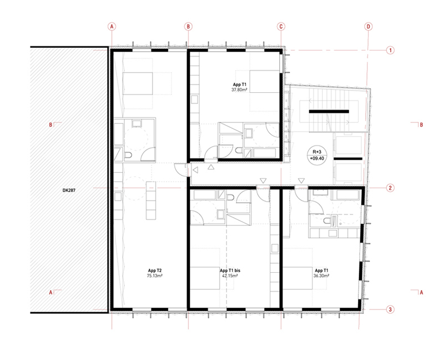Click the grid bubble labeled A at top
coord(112,27)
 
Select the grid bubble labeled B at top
coord(188,27)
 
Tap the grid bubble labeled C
coord(281,27)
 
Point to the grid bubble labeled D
coord(368,27)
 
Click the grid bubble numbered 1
coord(391,51)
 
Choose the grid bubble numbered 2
coord(391,188)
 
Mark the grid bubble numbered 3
coord(391,309)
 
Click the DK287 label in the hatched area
coord(69,191)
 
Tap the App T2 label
coord(155,271)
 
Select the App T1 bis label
coord(230,271)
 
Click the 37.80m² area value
coord(239,89)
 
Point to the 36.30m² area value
coord(321,276)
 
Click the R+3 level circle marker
coord(317,155)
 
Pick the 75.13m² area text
coord(155,276)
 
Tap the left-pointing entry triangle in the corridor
coord(195,170)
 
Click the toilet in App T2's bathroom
coord(128,155)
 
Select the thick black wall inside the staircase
coord(329,112)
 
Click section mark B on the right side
coord(418,125)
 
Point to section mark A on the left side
coord(55,292)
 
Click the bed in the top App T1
coord(264,81)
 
